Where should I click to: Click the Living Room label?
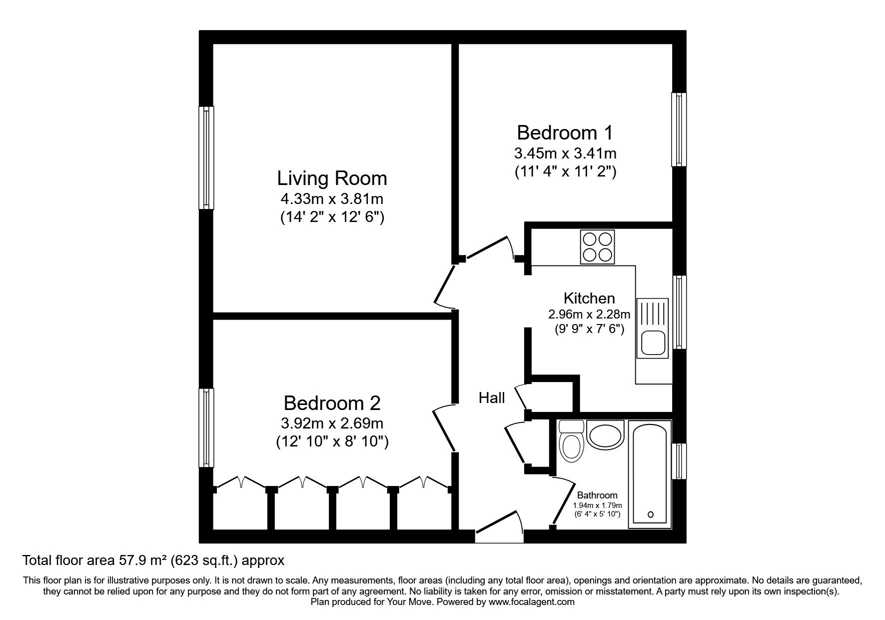[x=332, y=178]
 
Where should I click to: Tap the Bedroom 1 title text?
[x=565, y=133]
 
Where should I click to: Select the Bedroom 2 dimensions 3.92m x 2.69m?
[x=332, y=424]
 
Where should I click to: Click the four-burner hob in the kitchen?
[x=597, y=247]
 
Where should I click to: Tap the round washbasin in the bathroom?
[x=605, y=434]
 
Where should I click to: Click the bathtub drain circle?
[x=650, y=514]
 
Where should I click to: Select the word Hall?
[x=492, y=398]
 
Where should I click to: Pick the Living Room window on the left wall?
[x=206, y=157]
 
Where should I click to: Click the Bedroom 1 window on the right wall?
[x=679, y=129]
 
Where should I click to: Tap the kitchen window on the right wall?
[x=679, y=312]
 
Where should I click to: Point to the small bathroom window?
[x=679, y=461]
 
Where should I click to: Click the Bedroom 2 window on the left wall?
[x=206, y=427]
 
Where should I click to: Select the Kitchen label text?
[x=589, y=298]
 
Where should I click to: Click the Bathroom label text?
[x=597, y=495]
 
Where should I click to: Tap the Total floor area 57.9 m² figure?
[x=153, y=560]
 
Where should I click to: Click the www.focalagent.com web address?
[x=531, y=602]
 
